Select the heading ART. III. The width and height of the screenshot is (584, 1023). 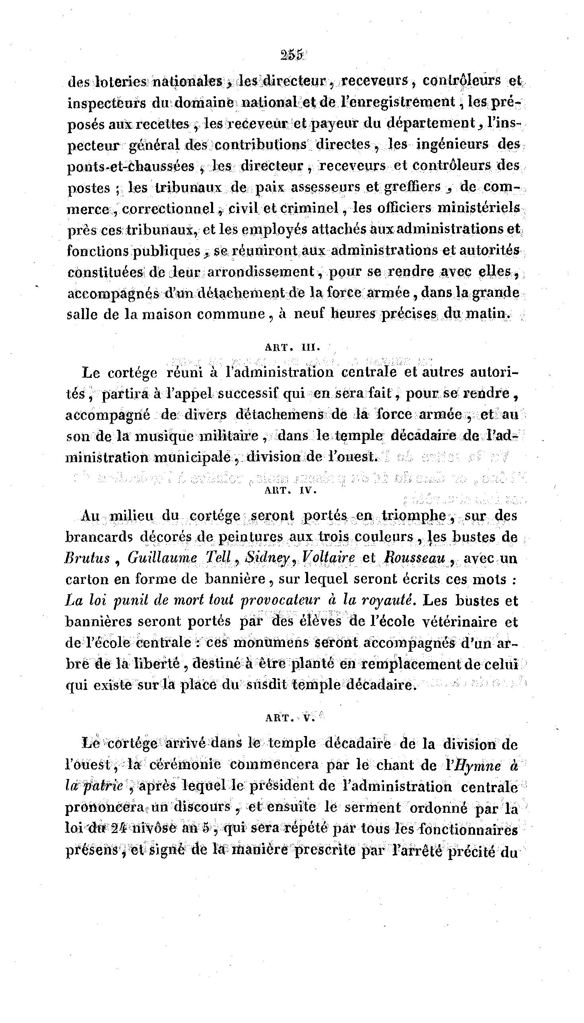(x=293, y=347)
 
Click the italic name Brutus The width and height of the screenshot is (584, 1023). (x=87, y=558)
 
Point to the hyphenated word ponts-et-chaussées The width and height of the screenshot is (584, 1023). (x=131, y=167)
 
